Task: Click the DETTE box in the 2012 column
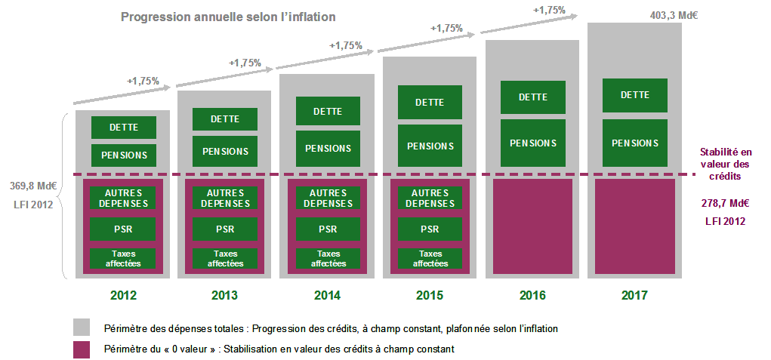pyautogui.click(x=123, y=127)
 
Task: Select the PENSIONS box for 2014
pyautogui.click(x=328, y=149)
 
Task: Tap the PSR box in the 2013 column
pyautogui.click(x=225, y=229)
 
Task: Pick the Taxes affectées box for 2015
pyautogui.click(x=430, y=259)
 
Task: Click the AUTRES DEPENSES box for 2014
pyautogui.click(x=328, y=198)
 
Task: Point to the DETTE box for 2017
pyautogui.click(x=634, y=95)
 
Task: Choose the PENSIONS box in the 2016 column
pyautogui.click(x=532, y=143)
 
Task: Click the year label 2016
pyautogui.click(x=532, y=296)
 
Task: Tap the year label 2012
pyautogui.click(x=123, y=296)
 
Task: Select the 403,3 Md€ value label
pyautogui.click(x=672, y=14)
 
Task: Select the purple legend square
pyautogui.click(x=82, y=349)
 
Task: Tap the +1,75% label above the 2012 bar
pyautogui.click(x=143, y=80)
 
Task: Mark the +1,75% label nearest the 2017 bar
pyautogui.click(x=549, y=10)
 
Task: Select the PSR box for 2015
pyautogui.click(x=430, y=229)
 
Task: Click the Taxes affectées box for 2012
pyautogui.click(x=123, y=259)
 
